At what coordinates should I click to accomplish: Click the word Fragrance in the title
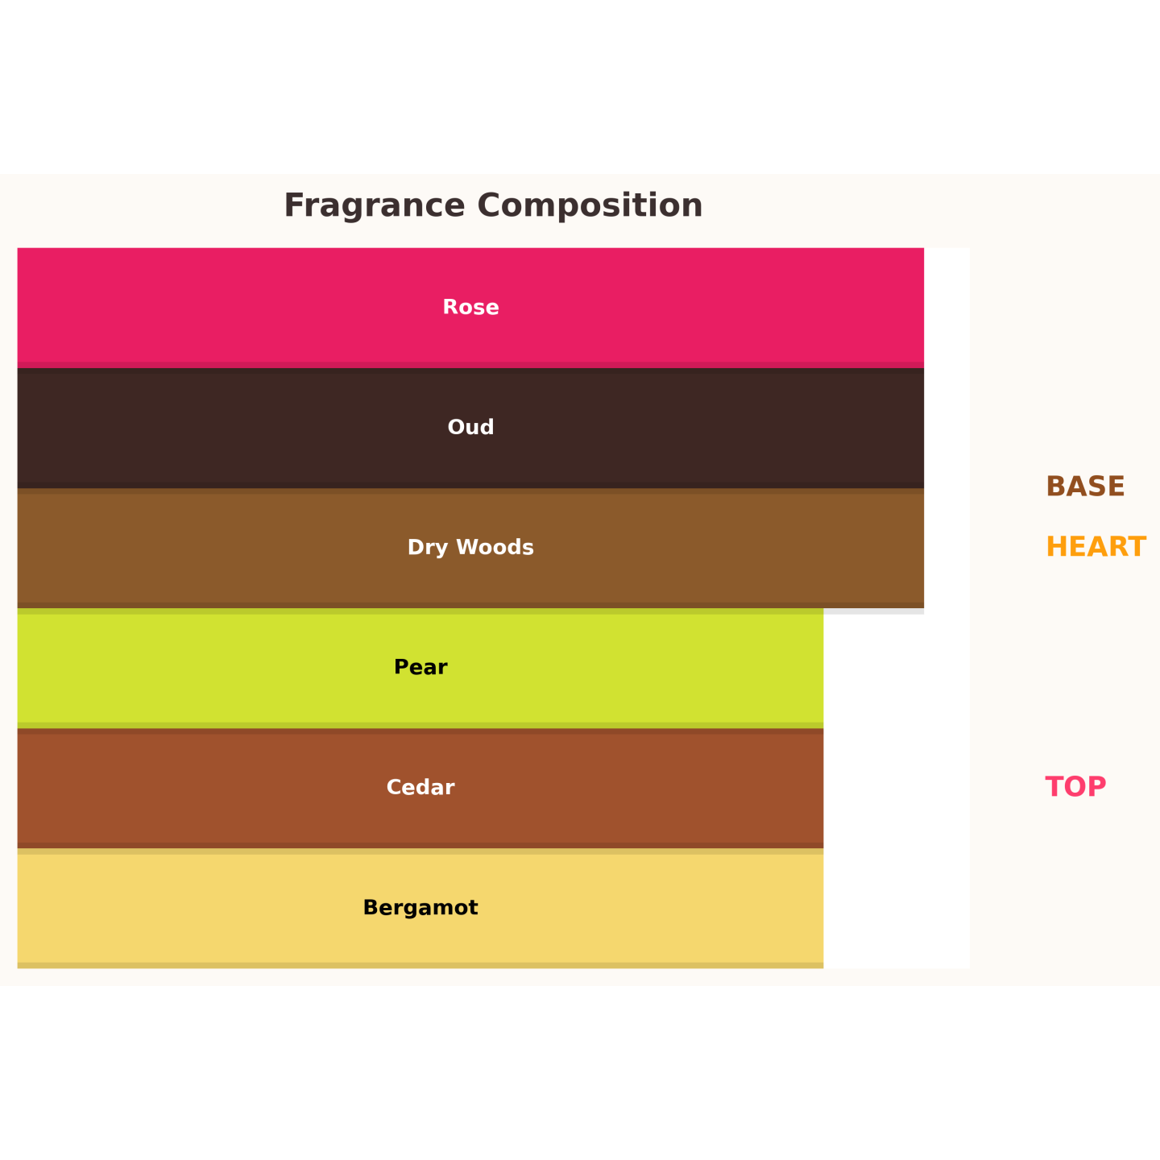click(375, 206)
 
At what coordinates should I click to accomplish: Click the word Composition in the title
click(590, 206)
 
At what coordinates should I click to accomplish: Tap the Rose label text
click(470, 307)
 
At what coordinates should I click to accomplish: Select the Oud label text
click(470, 427)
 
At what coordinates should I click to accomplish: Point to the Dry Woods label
click(470, 547)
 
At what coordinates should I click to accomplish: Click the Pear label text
click(420, 667)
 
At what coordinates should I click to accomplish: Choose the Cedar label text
click(420, 787)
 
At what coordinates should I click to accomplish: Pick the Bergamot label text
click(420, 907)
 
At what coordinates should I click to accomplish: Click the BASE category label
click(1085, 487)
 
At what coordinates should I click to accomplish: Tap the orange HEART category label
click(1096, 547)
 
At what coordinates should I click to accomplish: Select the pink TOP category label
click(1075, 787)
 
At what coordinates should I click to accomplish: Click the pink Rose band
click(470, 308)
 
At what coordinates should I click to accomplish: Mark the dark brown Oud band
click(470, 428)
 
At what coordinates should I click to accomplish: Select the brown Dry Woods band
click(470, 548)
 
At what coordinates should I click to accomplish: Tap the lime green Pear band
click(420, 668)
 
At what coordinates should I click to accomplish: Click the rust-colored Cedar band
click(420, 788)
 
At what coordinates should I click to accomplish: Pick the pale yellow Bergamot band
click(420, 909)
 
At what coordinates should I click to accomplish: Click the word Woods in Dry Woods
click(495, 547)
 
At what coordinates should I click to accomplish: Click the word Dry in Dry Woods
click(428, 548)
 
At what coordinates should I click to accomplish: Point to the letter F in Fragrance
click(293, 205)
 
